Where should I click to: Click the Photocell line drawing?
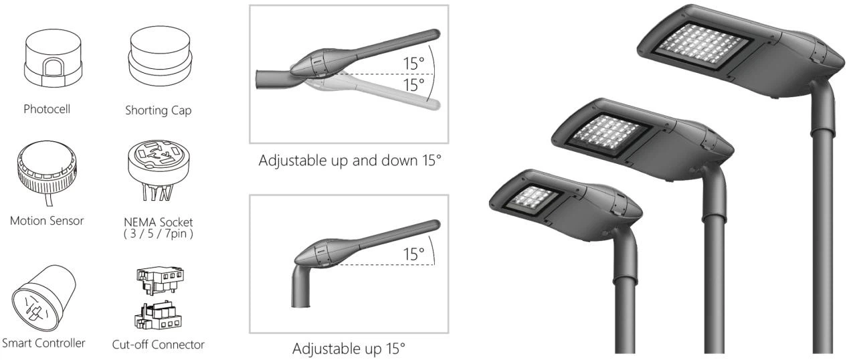[53, 59]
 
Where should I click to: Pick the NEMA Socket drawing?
[159, 170]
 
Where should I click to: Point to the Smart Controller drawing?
[43, 298]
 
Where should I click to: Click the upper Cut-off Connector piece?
[161, 280]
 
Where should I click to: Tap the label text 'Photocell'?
[47, 109]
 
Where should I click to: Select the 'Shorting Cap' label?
[159, 110]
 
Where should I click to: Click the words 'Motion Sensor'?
[47, 221]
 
